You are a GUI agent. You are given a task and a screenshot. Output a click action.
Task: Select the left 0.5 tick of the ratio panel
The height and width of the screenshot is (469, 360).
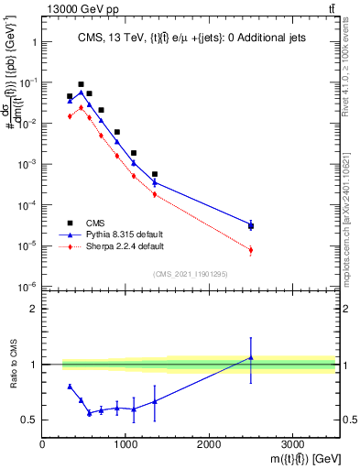33,420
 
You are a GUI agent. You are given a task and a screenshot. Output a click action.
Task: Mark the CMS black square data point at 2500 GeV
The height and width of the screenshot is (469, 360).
251,226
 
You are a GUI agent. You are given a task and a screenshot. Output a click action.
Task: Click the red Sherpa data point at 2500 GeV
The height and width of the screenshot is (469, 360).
251,250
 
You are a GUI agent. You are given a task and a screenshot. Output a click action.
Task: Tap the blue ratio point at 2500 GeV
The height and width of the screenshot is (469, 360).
251,358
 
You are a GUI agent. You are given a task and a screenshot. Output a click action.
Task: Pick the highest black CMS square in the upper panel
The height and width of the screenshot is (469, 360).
81,84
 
